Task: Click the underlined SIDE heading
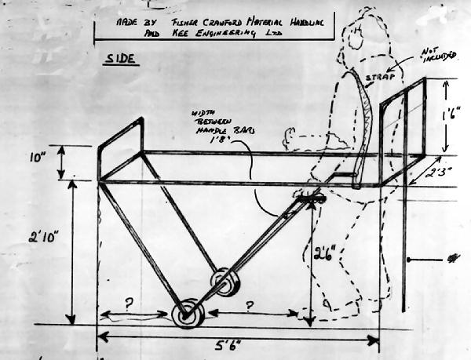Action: coord(119,60)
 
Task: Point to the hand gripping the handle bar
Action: coord(313,198)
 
